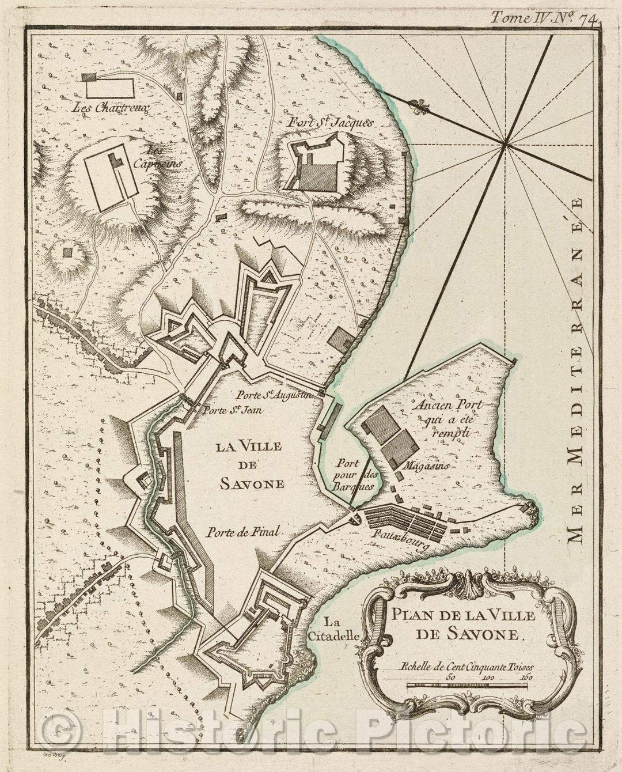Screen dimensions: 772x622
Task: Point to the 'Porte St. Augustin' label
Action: (274, 395)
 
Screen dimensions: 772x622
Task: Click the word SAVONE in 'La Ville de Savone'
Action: (252, 484)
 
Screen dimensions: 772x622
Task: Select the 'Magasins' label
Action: (426, 466)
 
